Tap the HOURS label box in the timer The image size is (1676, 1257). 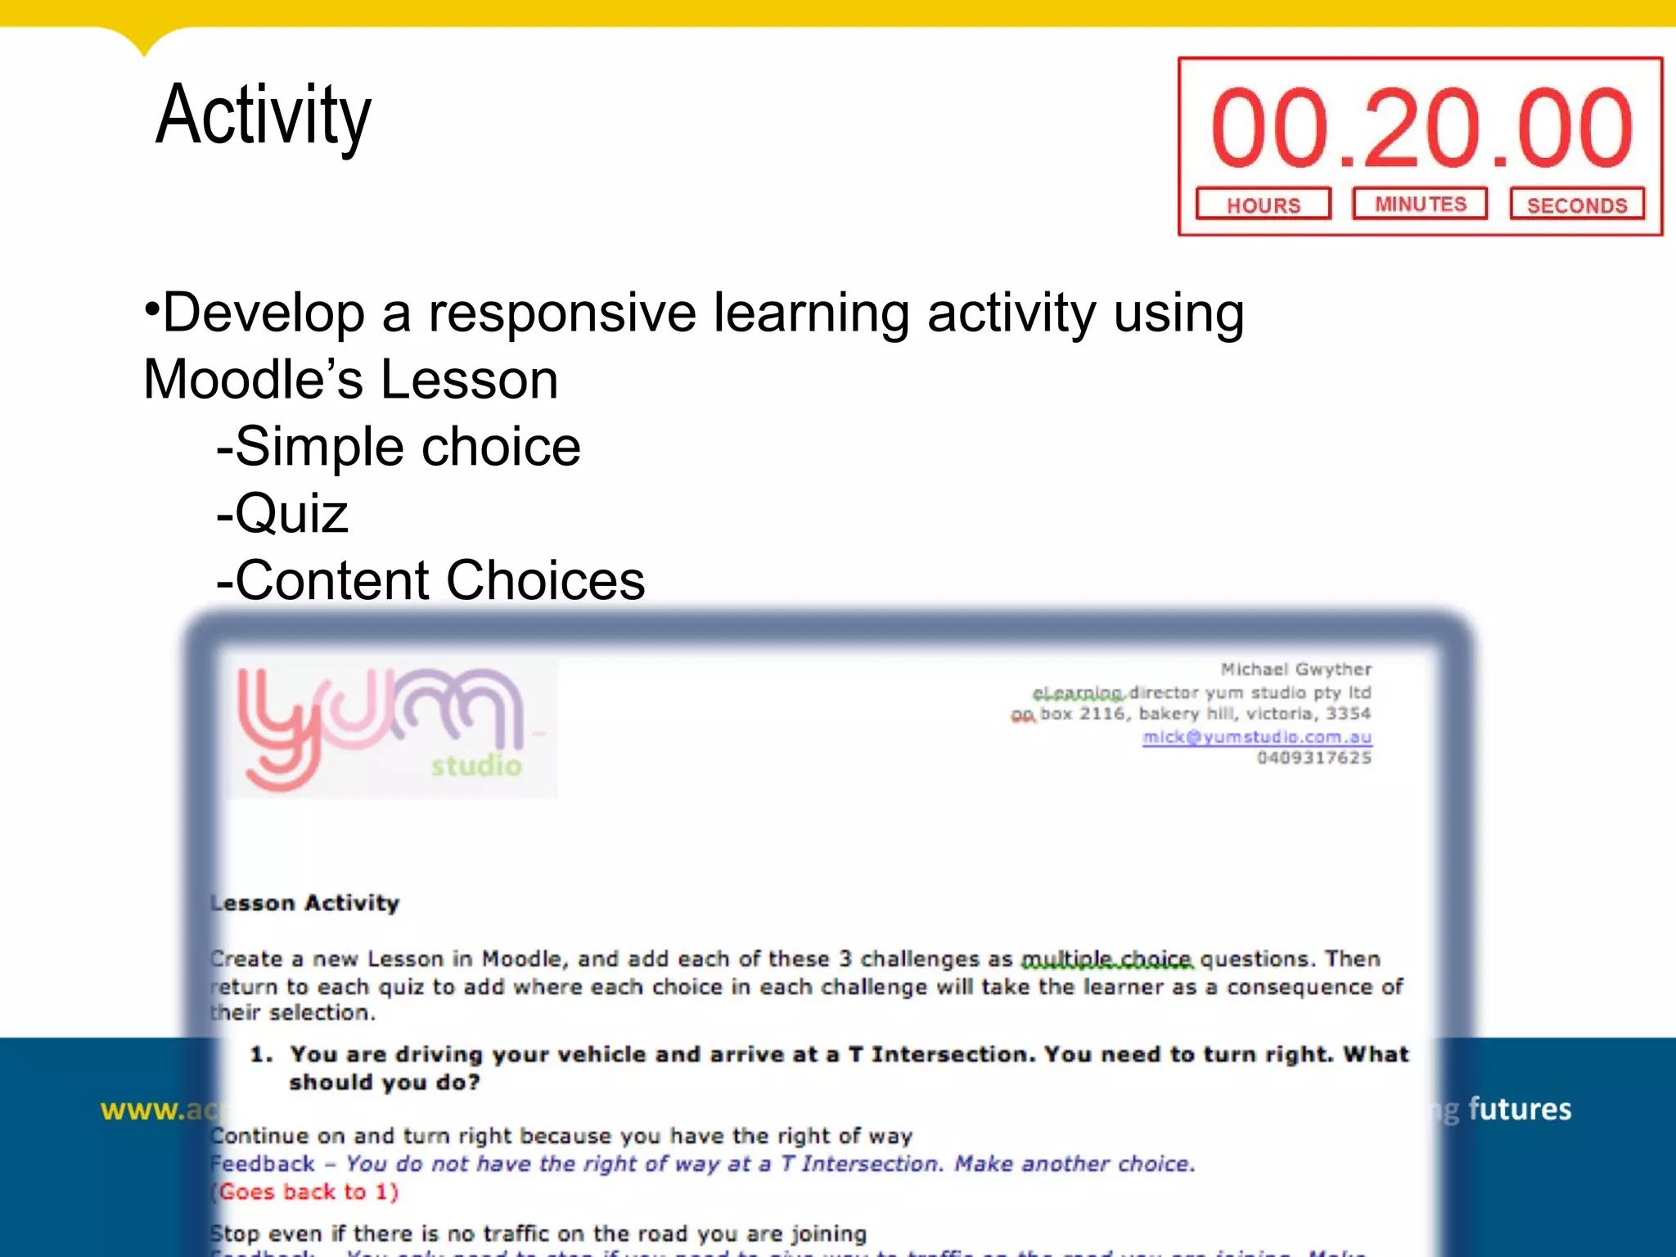click(1263, 205)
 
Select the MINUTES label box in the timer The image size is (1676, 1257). click(1420, 204)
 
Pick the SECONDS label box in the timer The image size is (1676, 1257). click(1577, 205)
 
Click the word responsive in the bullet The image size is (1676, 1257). click(562, 313)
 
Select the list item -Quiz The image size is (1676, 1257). click(283, 514)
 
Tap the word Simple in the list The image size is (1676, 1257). click(321, 448)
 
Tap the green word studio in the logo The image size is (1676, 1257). click(476, 766)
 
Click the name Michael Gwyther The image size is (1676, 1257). click(1295, 669)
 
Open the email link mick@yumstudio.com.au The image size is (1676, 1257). click(1256, 737)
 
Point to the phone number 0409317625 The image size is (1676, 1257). click(1313, 758)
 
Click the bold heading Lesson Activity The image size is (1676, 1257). click(305, 903)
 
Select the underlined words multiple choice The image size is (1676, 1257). click(1107, 958)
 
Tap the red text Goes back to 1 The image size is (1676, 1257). click(306, 1192)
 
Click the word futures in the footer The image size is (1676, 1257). click(1519, 1109)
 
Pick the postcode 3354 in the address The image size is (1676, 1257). click(1348, 714)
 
